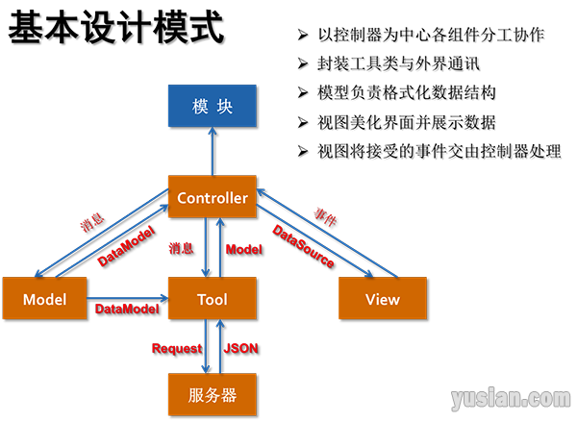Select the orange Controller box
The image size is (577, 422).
pos(212,198)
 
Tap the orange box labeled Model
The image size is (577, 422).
pos(44,299)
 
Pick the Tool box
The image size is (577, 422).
pos(212,299)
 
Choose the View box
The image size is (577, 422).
pos(382,299)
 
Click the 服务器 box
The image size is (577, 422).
pos(212,394)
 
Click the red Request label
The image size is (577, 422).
pos(176,348)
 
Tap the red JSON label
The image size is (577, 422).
pos(240,348)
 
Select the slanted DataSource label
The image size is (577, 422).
pos(303,246)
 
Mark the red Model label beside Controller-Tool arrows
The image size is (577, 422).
pos(242,249)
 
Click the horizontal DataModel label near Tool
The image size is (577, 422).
pos(126,309)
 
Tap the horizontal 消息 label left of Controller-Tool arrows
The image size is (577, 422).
pos(181,248)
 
